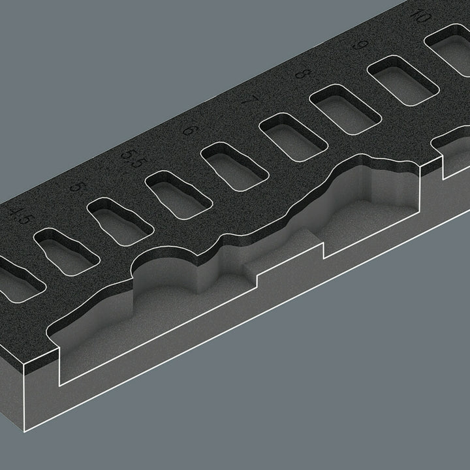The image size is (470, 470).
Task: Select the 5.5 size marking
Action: pyautogui.click(x=131, y=159)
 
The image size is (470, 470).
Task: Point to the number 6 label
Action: pyautogui.click(x=187, y=129)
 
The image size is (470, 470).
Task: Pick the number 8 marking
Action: pyautogui.click(x=301, y=73)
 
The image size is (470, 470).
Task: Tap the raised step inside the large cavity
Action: pyautogui.click(x=287, y=258)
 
